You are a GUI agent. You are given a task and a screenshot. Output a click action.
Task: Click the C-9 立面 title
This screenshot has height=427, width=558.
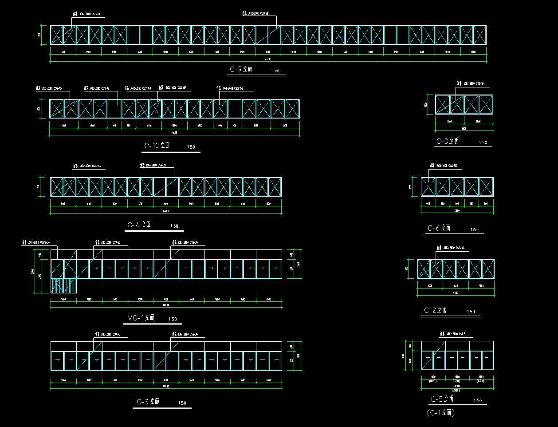click(241, 69)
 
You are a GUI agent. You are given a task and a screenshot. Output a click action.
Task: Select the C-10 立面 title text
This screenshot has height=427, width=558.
click(157, 146)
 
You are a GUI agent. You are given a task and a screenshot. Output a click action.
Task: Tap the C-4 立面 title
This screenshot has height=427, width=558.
click(139, 225)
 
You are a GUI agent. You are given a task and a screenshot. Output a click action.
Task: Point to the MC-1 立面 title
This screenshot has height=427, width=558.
click(141, 318)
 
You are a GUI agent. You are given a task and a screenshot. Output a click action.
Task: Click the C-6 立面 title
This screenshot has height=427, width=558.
click(439, 228)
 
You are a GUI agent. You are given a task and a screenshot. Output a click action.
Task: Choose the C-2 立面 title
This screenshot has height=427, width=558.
click(435, 311)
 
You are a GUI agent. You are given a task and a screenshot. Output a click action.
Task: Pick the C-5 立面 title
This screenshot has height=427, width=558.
click(442, 399)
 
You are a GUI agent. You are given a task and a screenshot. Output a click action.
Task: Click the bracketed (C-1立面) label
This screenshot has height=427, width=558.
click(441, 413)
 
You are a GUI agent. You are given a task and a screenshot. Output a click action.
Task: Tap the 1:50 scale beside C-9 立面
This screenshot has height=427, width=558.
click(276, 71)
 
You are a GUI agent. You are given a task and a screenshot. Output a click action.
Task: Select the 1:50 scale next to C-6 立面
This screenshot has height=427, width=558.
click(475, 230)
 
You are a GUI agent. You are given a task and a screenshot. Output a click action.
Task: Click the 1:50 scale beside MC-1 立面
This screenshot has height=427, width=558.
click(173, 319)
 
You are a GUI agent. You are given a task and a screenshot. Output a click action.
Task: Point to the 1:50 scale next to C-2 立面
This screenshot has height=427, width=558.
click(471, 312)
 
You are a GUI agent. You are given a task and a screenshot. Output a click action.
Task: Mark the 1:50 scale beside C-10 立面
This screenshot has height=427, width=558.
click(191, 147)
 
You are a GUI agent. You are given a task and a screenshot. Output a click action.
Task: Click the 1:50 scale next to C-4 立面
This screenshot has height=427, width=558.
click(174, 226)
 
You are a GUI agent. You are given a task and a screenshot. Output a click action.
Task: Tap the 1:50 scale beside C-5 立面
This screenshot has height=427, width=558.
click(478, 400)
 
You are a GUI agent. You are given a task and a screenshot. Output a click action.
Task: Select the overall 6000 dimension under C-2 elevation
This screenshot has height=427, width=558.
click(456, 293)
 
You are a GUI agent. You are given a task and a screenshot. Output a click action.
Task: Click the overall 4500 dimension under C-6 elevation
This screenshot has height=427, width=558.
click(457, 211)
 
